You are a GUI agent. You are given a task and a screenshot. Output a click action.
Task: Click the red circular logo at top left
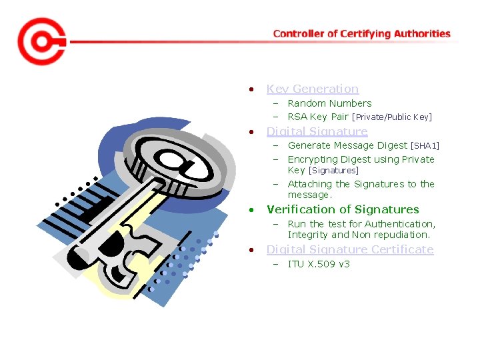click(x=41, y=41)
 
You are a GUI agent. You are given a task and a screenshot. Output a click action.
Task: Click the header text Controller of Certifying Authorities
click(x=361, y=33)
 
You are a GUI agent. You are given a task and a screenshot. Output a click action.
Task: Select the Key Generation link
click(x=312, y=89)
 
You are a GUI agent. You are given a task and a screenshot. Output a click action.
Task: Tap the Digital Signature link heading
click(x=317, y=131)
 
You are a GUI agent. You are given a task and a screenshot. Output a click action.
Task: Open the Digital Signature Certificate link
click(x=349, y=249)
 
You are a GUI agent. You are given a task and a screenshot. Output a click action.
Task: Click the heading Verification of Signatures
click(x=343, y=209)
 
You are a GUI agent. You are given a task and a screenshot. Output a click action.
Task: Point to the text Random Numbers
click(x=329, y=103)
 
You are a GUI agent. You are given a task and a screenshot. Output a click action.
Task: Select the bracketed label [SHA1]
click(x=425, y=145)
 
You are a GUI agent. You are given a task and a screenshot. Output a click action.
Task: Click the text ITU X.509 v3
click(x=319, y=264)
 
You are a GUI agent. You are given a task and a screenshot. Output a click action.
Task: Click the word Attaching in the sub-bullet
click(x=309, y=184)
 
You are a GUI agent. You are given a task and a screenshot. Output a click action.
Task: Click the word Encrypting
click(x=312, y=159)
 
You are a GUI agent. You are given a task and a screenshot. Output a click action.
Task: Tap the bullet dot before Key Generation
click(x=251, y=89)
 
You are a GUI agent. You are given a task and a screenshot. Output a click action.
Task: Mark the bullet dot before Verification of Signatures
click(x=251, y=210)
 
